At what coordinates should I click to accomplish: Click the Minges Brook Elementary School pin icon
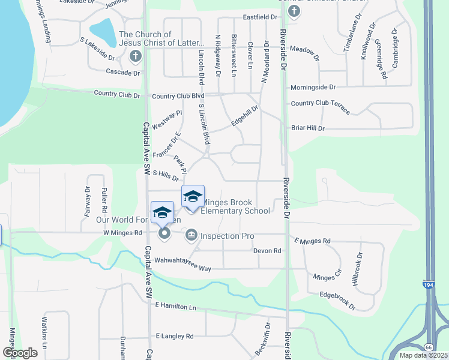point(193,197)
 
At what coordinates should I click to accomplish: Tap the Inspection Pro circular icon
point(191,234)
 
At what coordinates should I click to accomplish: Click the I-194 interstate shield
point(428,285)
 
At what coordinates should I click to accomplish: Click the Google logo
point(20,352)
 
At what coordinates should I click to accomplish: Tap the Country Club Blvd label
point(178,96)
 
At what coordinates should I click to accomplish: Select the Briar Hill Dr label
point(307,128)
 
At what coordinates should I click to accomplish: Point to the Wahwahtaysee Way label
point(182,260)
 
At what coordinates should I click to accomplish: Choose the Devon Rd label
point(267,250)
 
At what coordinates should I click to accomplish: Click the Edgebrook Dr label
point(337,301)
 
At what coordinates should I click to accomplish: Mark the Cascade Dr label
point(122,73)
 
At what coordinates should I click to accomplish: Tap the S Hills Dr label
point(166,175)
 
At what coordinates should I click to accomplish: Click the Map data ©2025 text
point(423,355)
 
